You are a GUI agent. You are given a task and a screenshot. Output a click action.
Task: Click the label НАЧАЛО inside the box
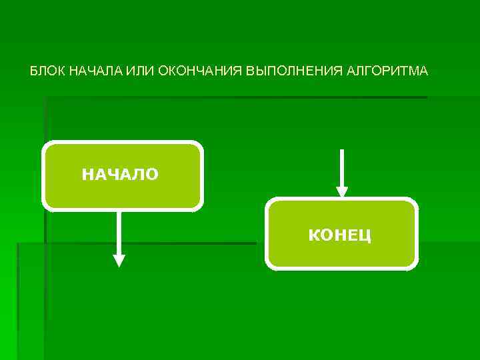120,175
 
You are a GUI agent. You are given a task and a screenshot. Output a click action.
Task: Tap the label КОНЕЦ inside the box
340,235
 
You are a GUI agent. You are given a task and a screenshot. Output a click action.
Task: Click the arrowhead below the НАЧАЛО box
119,261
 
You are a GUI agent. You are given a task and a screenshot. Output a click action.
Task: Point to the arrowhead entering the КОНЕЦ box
342,192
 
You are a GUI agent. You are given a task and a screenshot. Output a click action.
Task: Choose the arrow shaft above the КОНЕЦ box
342,167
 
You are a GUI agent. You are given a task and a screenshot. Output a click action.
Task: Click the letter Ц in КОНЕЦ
365,235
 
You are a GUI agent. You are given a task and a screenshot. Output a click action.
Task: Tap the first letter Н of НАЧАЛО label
87,175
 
